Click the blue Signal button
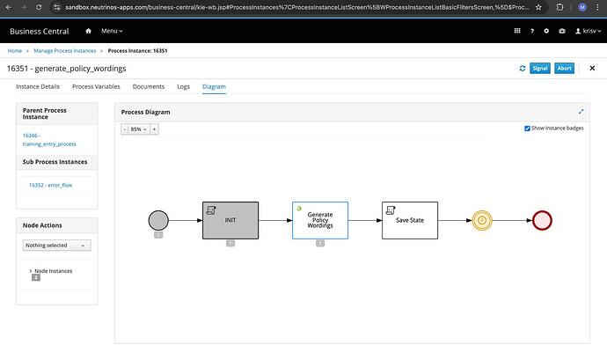(539, 68)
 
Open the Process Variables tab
(96, 86)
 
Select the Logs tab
(184, 86)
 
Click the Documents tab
(149, 86)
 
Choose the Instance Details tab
(38, 86)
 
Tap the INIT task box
(230, 220)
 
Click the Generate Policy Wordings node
(320, 220)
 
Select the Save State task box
(410, 220)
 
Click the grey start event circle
(158, 220)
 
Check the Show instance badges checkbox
(527, 129)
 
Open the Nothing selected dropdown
(56, 246)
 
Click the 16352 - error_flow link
(50, 185)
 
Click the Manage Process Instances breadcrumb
(64, 51)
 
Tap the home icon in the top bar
(88, 31)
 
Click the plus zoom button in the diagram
(154, 129)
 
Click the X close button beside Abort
(592, 68)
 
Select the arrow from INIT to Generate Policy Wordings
(275, 220)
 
